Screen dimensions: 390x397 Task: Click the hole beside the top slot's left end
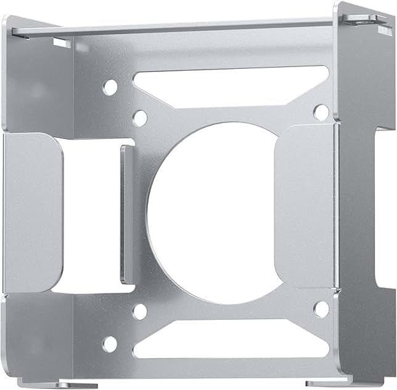coord(110,87)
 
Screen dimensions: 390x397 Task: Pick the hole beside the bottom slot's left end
coord(109,344)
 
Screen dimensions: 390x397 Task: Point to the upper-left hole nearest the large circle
coord(140,117)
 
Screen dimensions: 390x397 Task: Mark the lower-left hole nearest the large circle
coord(140,312)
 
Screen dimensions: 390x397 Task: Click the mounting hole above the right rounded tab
coord(321,111)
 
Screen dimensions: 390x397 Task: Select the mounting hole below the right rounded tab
coord(321,309)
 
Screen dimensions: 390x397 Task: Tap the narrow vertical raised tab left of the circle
coord(126,213)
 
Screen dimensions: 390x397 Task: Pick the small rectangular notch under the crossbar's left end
coord(62,42)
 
